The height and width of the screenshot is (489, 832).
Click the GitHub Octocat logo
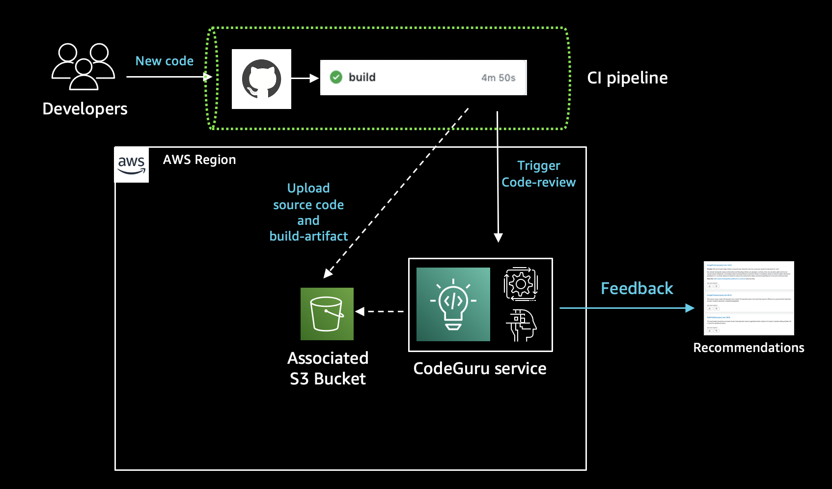coord(261,79)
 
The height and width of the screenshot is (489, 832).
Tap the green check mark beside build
coord(336,77)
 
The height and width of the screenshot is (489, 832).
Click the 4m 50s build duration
coord(498,78)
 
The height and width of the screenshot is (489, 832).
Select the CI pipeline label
coord(627,78)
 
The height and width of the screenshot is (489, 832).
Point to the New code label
coord(164,61)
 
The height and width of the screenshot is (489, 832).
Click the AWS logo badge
coord(132,165)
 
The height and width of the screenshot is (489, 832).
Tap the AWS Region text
coord(199,160)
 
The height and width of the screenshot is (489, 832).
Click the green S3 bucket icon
coord(327,314)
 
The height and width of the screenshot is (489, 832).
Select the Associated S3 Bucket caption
coord(328,368)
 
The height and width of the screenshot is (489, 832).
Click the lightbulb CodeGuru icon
coord(453,304)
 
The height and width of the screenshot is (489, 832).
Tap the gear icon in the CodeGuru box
coord(521,284)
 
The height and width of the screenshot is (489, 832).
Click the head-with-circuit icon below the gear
coord(521,325)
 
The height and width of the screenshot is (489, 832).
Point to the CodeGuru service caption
coord(479,368)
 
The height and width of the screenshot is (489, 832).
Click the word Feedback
coord(637,288)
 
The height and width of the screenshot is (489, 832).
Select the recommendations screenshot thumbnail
coord(749,298)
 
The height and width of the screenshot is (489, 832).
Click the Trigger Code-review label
coord(538,174)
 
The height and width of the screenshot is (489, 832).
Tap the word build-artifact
coord(308,236)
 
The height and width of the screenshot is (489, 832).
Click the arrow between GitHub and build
coord(305,78)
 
